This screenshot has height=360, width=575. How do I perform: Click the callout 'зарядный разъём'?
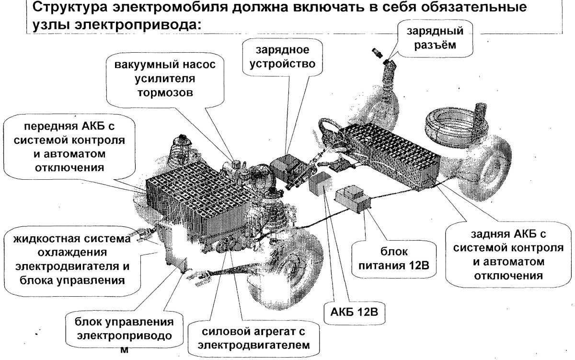[x=435, y=39]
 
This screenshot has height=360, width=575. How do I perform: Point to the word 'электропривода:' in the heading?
[x=147, y=26]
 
